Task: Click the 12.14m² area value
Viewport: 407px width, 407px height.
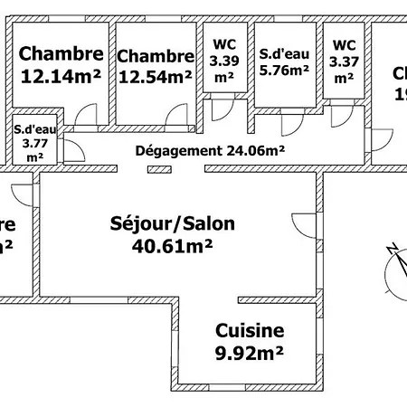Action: (60, 77)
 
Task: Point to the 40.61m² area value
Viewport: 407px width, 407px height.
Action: (171, 245)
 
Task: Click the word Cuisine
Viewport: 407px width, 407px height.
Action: (250, 331)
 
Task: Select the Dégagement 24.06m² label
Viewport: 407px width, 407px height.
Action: (211, 151)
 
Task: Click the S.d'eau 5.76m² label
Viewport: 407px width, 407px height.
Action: (283, 59)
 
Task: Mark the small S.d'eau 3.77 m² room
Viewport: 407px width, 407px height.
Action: (35, 143)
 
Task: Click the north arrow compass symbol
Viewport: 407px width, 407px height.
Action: (394, 268)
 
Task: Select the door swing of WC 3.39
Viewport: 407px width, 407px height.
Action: (218, 111)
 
